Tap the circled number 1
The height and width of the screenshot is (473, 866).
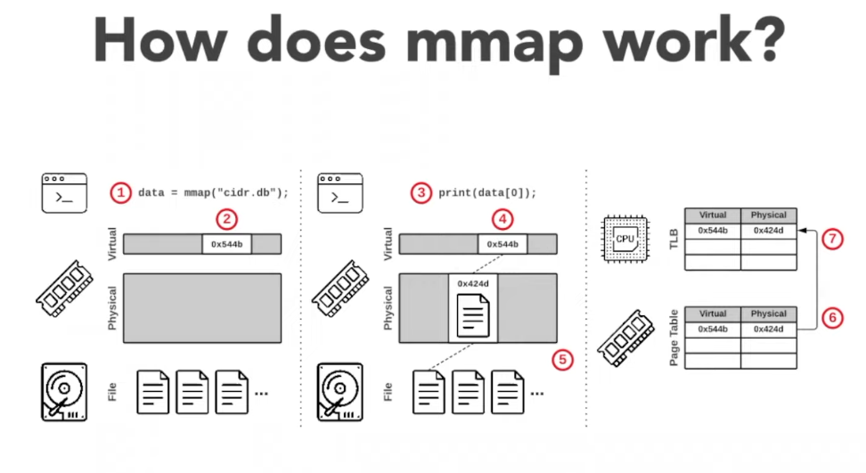click(x=120, y=192)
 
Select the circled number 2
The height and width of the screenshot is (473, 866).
click(x=228, y=219)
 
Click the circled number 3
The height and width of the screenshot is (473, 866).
click(x=421, y=192)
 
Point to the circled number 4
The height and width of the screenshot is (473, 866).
click(x=502, y=219)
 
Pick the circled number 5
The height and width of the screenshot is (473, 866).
click(x=562, y=360)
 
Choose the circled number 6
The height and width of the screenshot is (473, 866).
click(x=831, y=316)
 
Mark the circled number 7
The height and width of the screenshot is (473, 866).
click(x=831, y=240)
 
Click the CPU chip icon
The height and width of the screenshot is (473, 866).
click(x=625, y=239)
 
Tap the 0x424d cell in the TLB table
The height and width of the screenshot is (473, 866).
click(x=768, y=231)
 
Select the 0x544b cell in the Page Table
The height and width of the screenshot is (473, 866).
click(x=713, y=330)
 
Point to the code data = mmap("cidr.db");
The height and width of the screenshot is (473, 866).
click(x=213, y=192)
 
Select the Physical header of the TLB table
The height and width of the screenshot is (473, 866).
click(x=768, y=215)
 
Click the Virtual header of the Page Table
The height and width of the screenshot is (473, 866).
click(x=713, y=314)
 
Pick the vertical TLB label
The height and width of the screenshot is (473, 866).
click(x=673, y=239)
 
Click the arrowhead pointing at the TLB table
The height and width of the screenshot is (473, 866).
click(x=802, y=231)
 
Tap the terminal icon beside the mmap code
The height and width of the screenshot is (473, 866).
click(x=64, y=192)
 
